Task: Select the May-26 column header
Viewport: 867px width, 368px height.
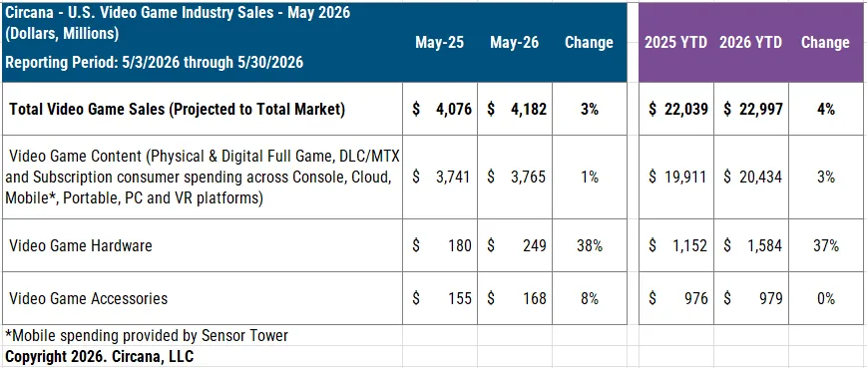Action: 514,43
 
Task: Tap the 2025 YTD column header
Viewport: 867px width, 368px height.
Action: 675,43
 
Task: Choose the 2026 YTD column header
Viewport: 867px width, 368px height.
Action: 750,43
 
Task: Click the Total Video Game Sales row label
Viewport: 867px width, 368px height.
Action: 177,110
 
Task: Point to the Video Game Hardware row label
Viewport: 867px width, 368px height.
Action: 81,245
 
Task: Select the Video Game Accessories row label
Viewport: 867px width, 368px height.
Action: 89,298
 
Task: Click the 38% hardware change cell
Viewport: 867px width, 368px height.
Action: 590,245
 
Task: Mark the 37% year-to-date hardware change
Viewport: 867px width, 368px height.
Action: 825,245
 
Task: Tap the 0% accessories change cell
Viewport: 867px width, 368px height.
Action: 825,298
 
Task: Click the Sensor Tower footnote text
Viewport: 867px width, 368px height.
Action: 147,335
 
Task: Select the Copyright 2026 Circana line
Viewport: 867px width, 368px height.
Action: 100,356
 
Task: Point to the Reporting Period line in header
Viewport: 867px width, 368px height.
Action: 155,62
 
